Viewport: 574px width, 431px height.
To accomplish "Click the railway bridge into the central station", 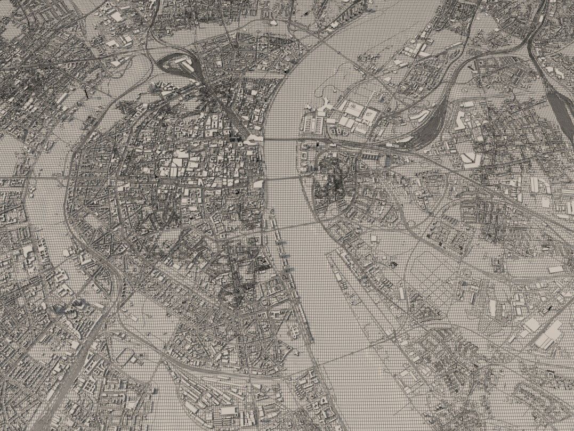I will coord(282,139).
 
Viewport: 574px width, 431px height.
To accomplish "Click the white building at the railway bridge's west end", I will coord(253,139).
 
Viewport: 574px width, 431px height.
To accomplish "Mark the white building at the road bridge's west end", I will coord(258,184).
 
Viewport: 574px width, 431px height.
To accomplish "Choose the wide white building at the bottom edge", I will coord(228,411).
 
